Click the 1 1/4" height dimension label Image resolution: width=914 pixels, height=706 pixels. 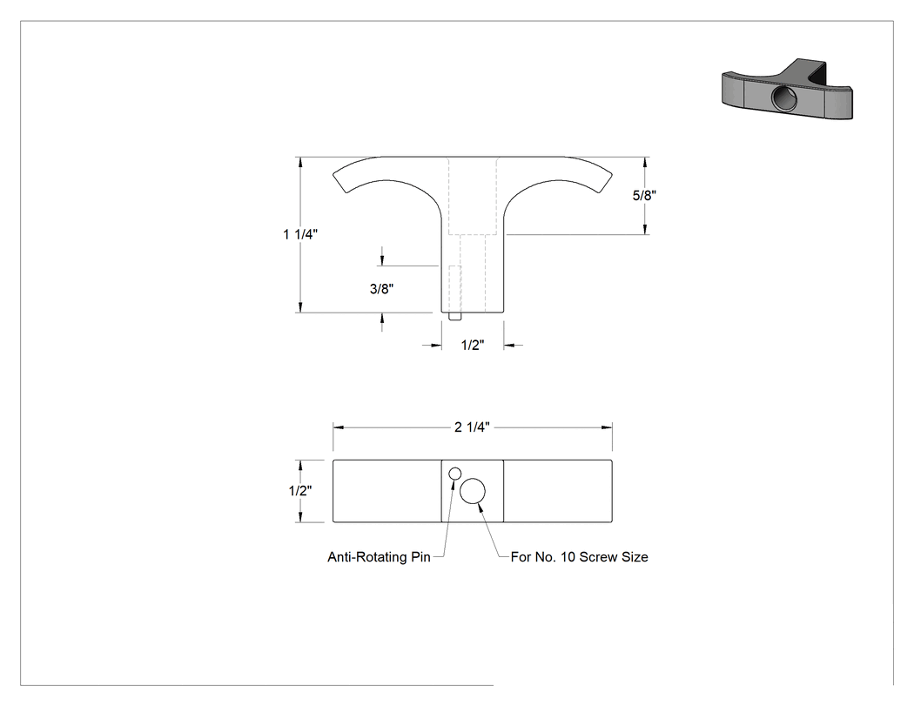300,234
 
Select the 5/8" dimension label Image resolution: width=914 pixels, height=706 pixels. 645,195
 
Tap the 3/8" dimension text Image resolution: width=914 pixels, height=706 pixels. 382,288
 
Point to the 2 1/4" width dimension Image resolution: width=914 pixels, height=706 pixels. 472,427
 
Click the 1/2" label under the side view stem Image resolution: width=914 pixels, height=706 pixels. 473,345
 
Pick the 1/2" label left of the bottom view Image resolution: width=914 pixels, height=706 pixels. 300,491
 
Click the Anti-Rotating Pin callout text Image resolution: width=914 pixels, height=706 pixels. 379,557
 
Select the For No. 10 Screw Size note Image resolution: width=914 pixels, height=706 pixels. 580,557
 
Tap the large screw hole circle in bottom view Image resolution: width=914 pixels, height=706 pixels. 473,492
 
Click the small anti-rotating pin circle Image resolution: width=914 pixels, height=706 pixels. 455,474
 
